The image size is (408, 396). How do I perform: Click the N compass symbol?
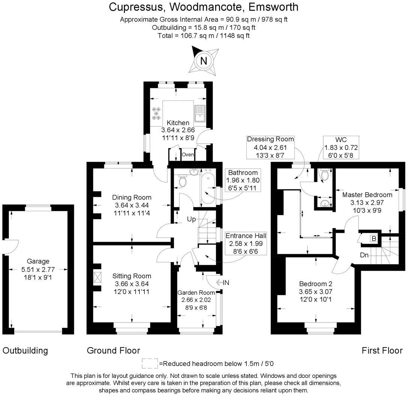(x=204, y=61)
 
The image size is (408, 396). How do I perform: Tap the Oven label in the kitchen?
(x=187, y=154)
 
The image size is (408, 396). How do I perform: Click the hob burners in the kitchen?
(x=156, y=113)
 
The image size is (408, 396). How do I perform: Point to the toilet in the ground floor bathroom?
(x=183, y=181)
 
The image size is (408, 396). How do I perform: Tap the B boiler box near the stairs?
(x=373, y=238)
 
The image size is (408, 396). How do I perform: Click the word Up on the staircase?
(x=191, y=219)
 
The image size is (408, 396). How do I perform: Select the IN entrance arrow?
(x=222, y=282)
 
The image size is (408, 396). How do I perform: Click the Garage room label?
(x=38, y=261)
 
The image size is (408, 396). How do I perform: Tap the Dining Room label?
(x=132, y=197)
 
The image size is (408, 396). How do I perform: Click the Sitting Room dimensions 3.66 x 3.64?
(x=132, y=284)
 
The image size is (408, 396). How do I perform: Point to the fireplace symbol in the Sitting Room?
(x=97, y=277)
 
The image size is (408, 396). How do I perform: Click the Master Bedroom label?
(x=367, y=195)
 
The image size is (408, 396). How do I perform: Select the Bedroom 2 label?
(x=315, y=283)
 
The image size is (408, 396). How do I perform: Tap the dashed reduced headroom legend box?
(x=150, y=363)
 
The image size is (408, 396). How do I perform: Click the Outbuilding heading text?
(x=25, y=351)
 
